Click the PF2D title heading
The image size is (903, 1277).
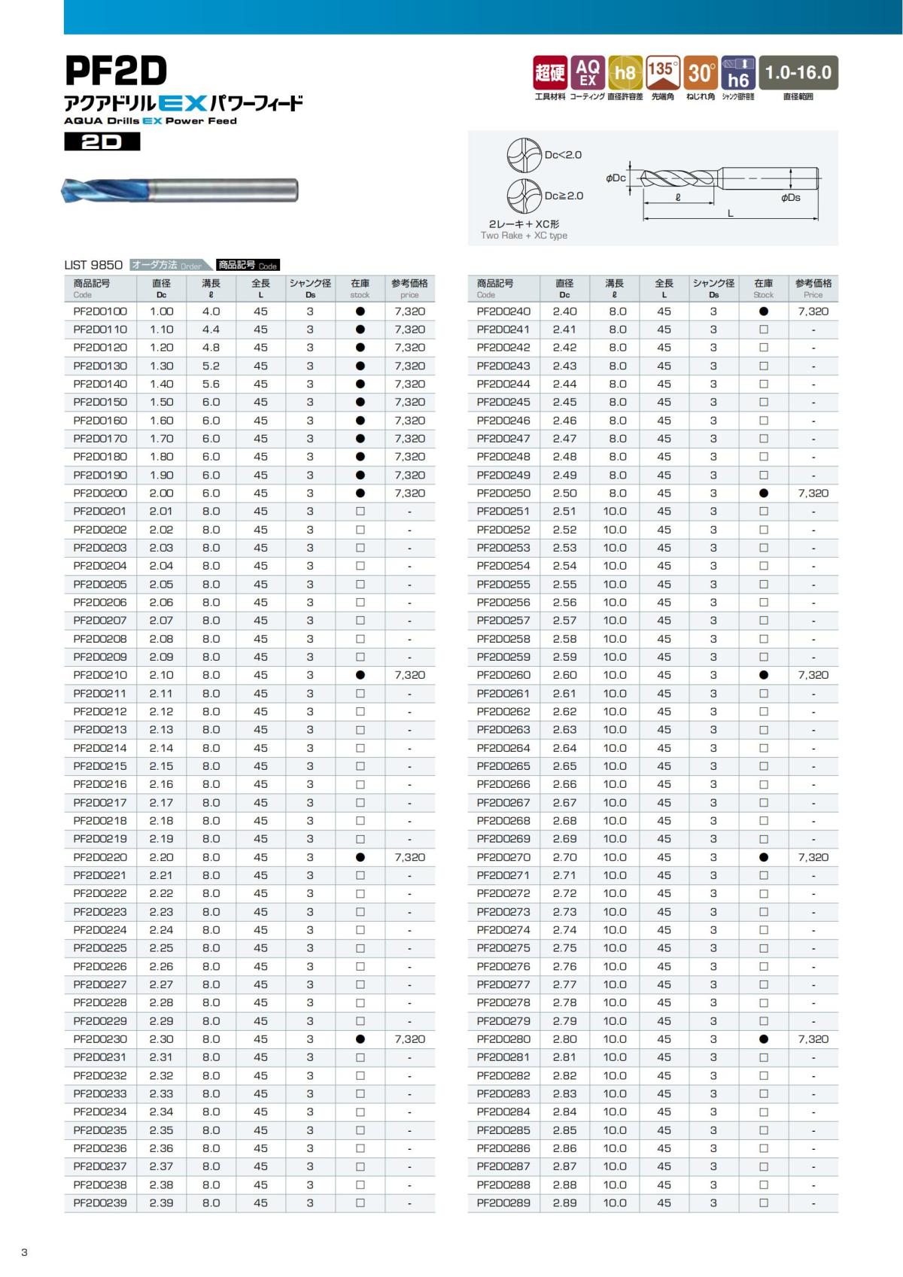[x=116, y=71]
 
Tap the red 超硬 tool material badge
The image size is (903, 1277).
[x=549, y=72]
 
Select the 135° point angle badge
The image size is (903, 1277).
[x=662, y=72]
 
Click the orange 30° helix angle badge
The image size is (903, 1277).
[x=701, y=72]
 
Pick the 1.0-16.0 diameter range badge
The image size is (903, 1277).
[x=798, y=72]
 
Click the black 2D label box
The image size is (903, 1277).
[x=102, y=141]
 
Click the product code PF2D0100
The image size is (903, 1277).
[x=100, y=312]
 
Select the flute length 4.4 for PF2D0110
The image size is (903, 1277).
[x=211, y=330]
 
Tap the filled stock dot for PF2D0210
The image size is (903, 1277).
[x=360, y=676]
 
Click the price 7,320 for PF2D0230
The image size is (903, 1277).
[x=409, y=1039]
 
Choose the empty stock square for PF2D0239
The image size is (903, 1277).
[x=360, y=1203]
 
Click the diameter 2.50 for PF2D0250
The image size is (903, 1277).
[x=564, y=494]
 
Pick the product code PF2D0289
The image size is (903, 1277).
[x=503, y=1203]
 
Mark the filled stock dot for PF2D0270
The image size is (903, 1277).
[x=763, y=858]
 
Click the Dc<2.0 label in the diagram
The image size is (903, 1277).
[x=563, y=155]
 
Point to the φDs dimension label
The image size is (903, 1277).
[x=790, y=198]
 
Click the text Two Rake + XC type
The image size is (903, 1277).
[x=524, y=236]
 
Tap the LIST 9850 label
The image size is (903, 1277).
[x=93, y=265]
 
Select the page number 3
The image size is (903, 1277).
[x=24, y=1252]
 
